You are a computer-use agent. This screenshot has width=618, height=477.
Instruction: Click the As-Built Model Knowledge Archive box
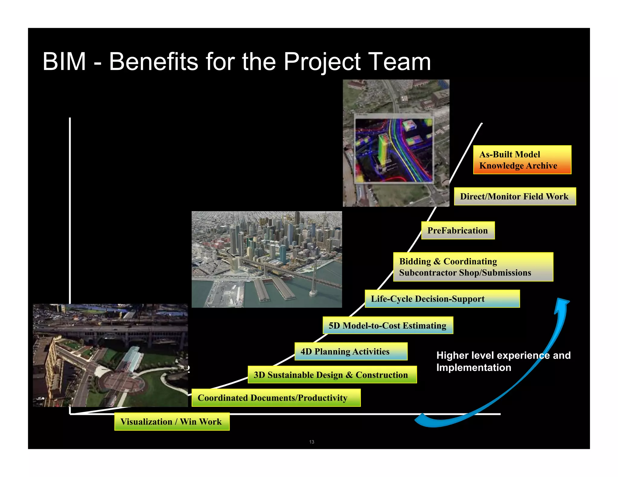(x=522, y=160)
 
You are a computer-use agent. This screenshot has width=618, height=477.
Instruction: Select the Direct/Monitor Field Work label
(x=515, y=196)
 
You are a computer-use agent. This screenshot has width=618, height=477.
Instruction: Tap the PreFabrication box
(x=458, y=230)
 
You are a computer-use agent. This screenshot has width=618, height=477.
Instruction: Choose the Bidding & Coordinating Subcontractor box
(x=473, y=267)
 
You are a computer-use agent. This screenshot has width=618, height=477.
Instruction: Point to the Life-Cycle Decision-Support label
(x=442, y=299)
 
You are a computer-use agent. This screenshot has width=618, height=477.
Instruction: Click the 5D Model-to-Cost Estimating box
(x=388, y=325)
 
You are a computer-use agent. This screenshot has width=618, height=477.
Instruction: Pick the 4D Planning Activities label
(x=351, y=351)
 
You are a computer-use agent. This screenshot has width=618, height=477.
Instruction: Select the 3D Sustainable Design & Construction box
(x=332, y=375)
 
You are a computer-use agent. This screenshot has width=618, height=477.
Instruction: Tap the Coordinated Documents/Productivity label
(x=276, y=398)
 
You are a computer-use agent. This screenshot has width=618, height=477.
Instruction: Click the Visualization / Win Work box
(x=172, y=422)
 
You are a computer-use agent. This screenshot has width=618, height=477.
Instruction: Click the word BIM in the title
(x=64, y=62)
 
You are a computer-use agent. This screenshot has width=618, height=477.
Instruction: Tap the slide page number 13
(x=312, y=442)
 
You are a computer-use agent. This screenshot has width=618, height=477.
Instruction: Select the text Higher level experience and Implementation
(x=503, y=361)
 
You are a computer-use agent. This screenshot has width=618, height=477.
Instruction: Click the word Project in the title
(x=322, y=62)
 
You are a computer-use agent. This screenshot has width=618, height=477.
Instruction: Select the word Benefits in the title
(x=153, y=62)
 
